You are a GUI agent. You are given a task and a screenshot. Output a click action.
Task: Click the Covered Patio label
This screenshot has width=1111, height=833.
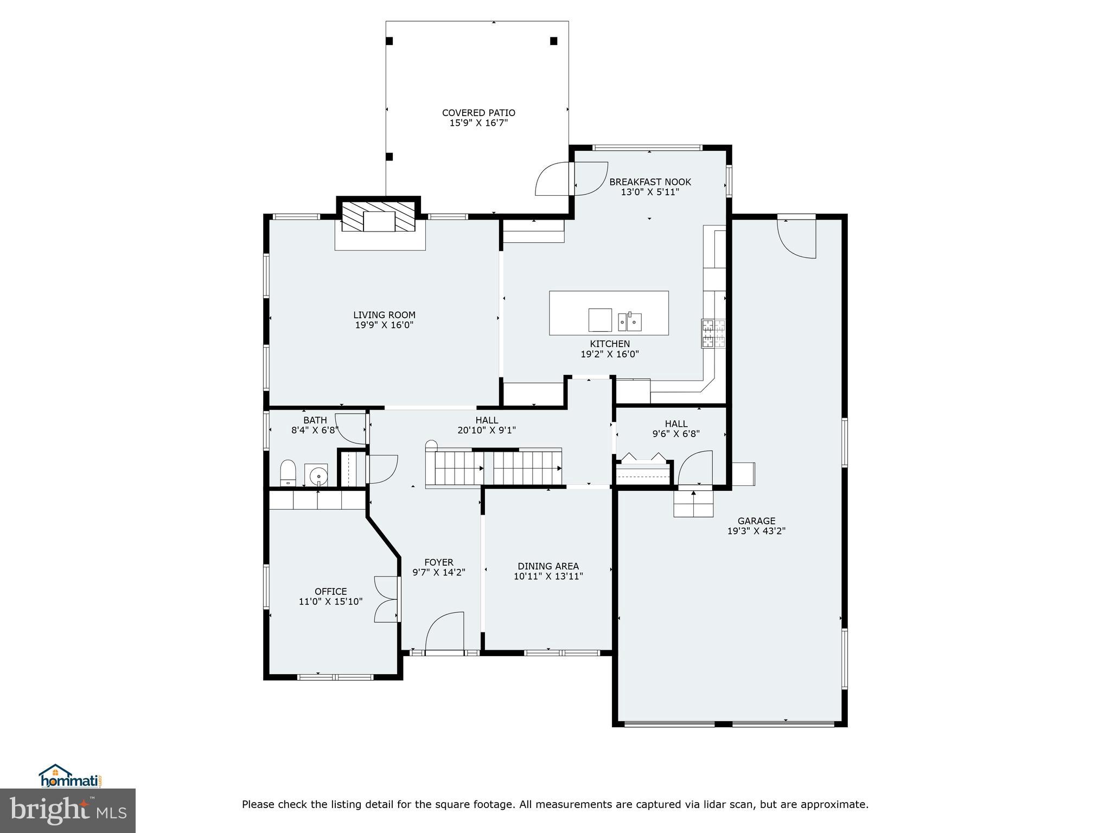pyautogui.click(x=478, y=113)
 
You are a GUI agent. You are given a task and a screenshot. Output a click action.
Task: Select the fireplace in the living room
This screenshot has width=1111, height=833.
pyautogui.click(x=379, y=221)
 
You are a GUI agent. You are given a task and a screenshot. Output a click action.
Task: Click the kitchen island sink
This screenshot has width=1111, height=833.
pyautogui.click(x=629, y=322)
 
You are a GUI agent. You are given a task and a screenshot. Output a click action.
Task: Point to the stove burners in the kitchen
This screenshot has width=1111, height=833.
pyautogui.click(x=713, y=334)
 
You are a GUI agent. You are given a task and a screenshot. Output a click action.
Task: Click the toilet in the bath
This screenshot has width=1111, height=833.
pyautogui.click(x=288, y=473)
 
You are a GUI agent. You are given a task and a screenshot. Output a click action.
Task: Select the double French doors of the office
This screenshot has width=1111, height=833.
pyautogui.click(x=387, y=599)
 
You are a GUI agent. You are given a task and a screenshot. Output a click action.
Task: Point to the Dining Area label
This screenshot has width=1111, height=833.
pyautogui.click(x=548, y=566)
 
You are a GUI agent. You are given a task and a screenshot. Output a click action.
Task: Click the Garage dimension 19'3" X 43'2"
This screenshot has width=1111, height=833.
pyautogui.click(x=756, y=531)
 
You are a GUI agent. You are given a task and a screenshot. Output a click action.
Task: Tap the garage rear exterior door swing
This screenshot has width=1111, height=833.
pyautogui.click(x=797, y=239)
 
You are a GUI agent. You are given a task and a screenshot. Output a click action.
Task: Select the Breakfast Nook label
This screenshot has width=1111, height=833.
pyautogui.click(x=650, y=182)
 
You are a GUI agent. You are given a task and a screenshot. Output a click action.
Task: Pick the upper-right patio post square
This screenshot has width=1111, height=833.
pyautogui.click(x=553, y=41)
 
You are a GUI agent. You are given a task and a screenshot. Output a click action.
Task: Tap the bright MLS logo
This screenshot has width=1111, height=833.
pyautogui.click(x=68, y=810)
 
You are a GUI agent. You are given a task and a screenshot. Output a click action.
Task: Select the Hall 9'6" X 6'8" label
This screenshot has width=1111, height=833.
pyautogui.click(x=676, y=428)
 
